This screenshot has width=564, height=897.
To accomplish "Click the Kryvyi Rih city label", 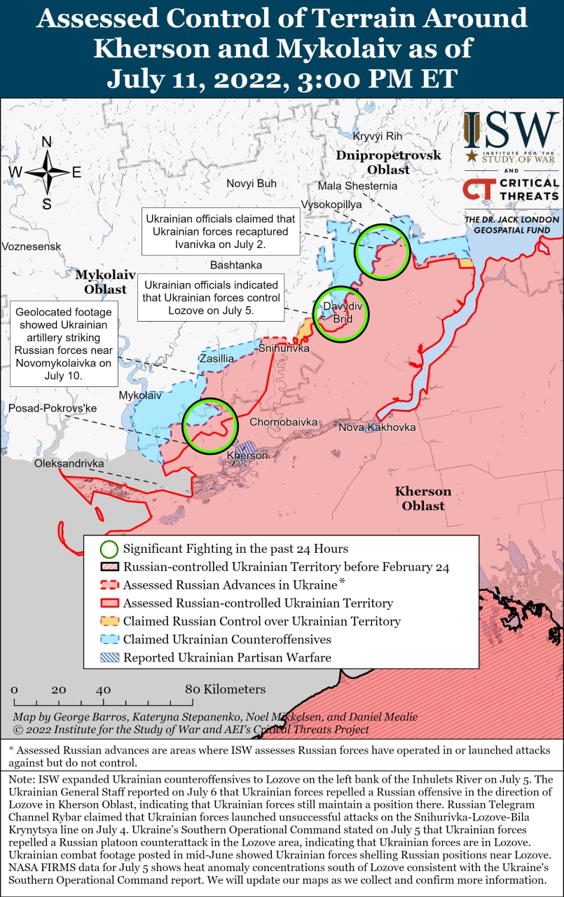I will coord(378,136).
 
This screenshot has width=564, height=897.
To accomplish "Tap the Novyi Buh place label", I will coord(251,184).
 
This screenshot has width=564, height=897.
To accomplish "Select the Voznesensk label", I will coord(31,247).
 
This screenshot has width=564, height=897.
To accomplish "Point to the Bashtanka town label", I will coord(235,265).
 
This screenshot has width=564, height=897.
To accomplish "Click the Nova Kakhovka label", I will coord(377,427).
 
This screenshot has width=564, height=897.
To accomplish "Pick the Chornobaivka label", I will coord(283,423).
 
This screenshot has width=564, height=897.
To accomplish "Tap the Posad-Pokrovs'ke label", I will coord(52,409).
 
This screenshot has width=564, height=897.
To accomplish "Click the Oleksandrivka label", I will coord(69,464).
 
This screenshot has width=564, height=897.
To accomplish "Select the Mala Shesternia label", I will coord(357,186).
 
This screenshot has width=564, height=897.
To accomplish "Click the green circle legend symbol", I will coord(109,549).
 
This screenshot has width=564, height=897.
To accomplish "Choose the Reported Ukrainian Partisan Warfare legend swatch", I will coord(109,657).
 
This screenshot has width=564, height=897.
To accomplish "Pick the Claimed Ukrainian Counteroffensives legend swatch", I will coord(109,639).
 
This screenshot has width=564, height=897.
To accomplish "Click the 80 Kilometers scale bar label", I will coord(225,689).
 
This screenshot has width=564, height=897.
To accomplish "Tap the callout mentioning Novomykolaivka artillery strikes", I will coord(64,343).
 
